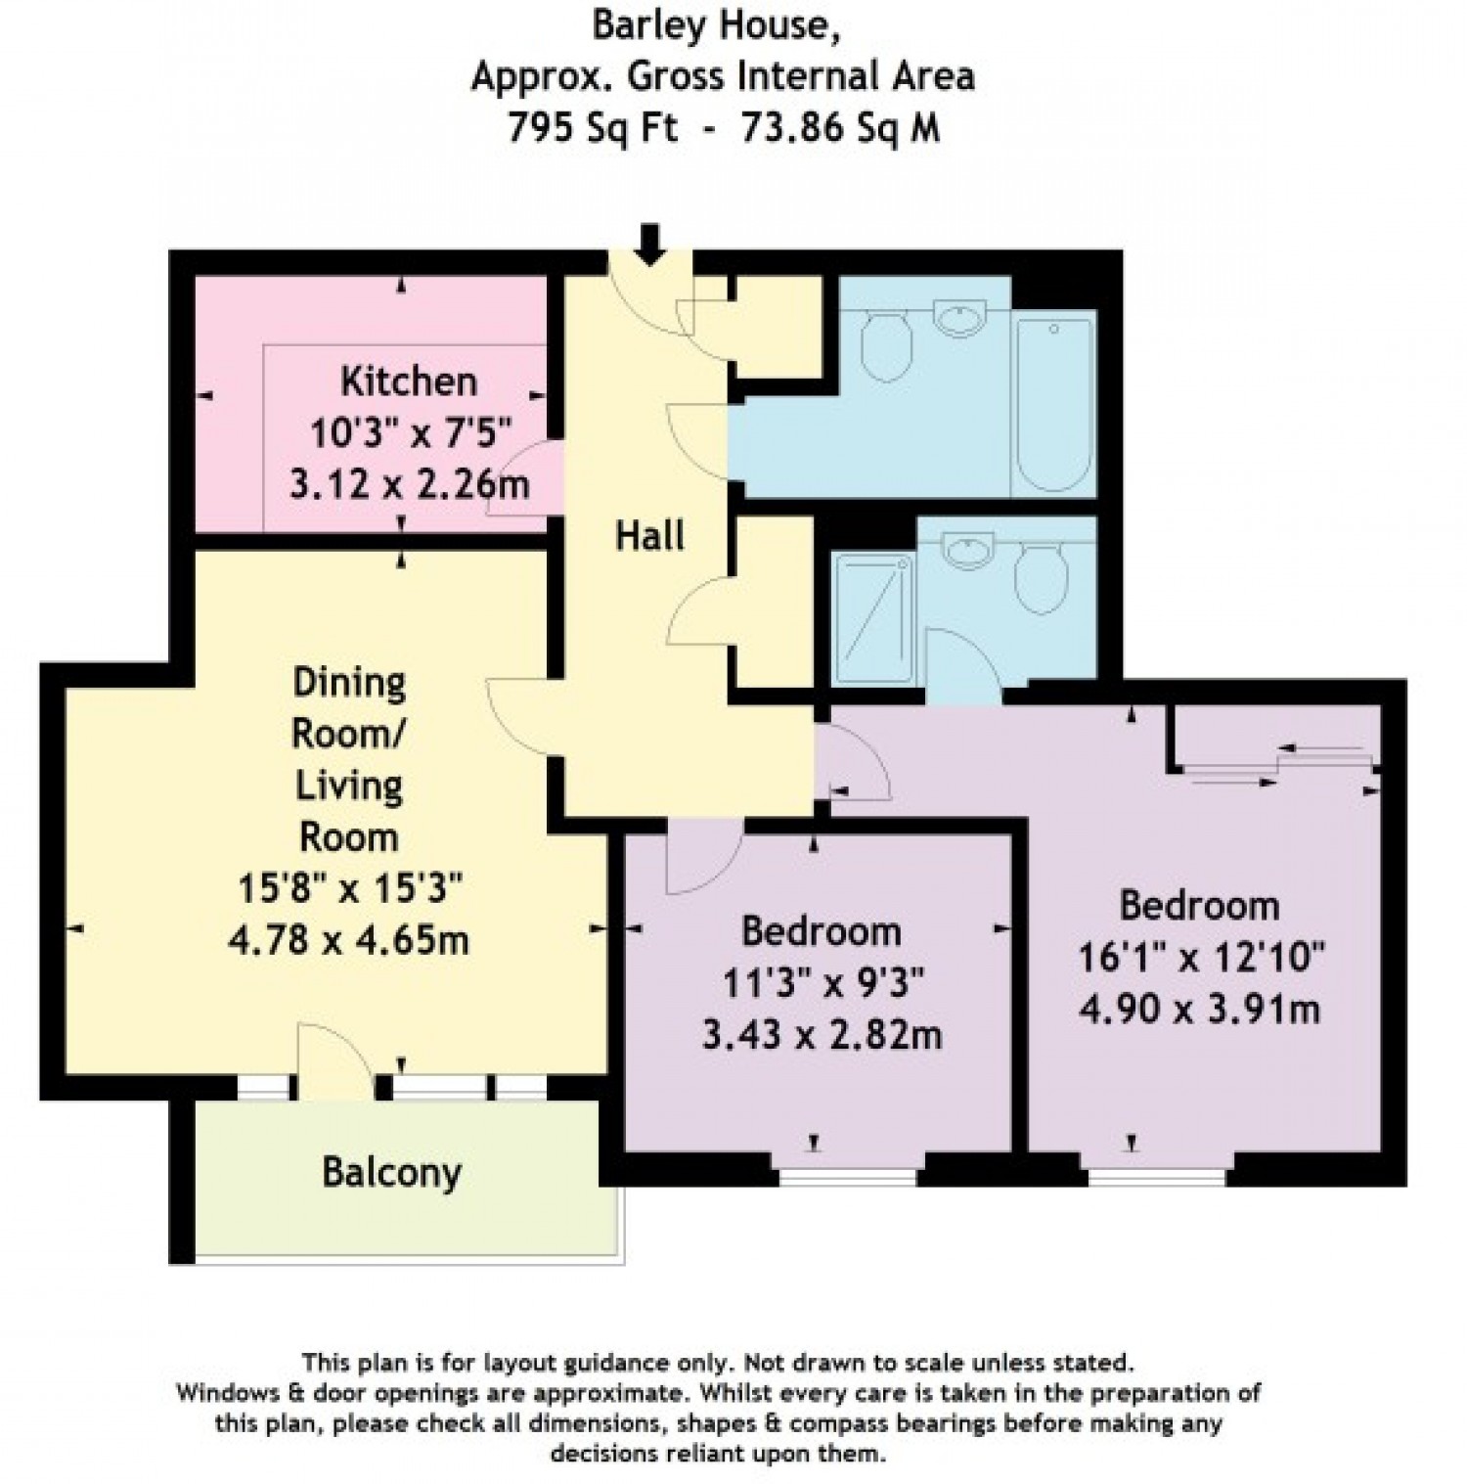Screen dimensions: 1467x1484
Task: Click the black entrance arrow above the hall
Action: click(x=648, y=244)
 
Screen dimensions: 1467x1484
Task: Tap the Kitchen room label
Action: click(x=409, y=381)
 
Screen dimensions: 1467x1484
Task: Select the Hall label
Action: click(x=650, y=535)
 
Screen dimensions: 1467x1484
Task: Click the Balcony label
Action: click(x=392, y=1172)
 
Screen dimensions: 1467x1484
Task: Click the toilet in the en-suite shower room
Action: click(x=1041, y=576)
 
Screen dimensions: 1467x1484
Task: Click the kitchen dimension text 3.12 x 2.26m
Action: click(x=410, y=483)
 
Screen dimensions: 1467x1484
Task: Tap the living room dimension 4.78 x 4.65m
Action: click(x=348, y=940)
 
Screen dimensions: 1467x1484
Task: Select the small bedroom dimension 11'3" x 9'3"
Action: click(x=822, y=981)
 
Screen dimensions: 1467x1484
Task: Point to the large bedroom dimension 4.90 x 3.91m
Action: click(x=1200, y=1008)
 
